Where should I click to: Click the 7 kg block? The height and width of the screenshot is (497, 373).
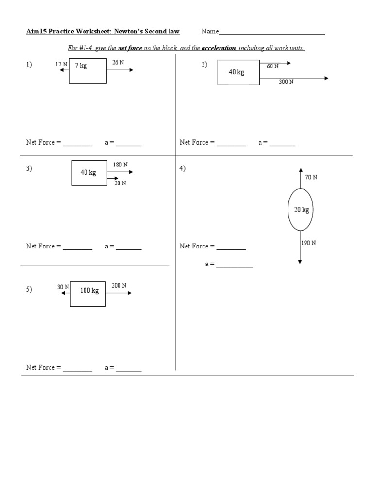tap(88, 71)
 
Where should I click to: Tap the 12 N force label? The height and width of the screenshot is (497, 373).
tap(61, 64)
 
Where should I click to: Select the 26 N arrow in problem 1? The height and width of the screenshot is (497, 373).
tap(119, 70)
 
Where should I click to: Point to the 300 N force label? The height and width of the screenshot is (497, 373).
tap(286, 82)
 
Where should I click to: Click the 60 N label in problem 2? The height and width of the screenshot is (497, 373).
tap(272, 66)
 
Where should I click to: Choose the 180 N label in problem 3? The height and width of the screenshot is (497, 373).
tap(120, 165)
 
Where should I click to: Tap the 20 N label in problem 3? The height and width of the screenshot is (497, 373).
tap(120, 183)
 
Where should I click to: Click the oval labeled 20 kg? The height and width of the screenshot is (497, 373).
tap(301, 210)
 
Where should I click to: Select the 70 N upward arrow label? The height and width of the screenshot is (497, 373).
tap(311, 177)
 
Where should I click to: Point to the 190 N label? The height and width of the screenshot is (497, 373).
tap(308, 243)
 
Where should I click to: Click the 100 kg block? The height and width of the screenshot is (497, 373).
tap(88, 293)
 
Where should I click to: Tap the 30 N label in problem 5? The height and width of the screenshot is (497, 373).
tap(63, 287)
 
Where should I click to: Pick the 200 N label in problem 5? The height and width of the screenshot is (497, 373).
tap(119, 286)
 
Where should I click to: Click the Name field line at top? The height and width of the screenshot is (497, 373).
tap(272, 34)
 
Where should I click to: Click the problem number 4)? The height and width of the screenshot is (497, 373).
tap(182, 168)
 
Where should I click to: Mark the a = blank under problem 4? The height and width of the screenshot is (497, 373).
tap(235, 266)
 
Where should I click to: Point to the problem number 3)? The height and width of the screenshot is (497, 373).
tap(29, 168)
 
